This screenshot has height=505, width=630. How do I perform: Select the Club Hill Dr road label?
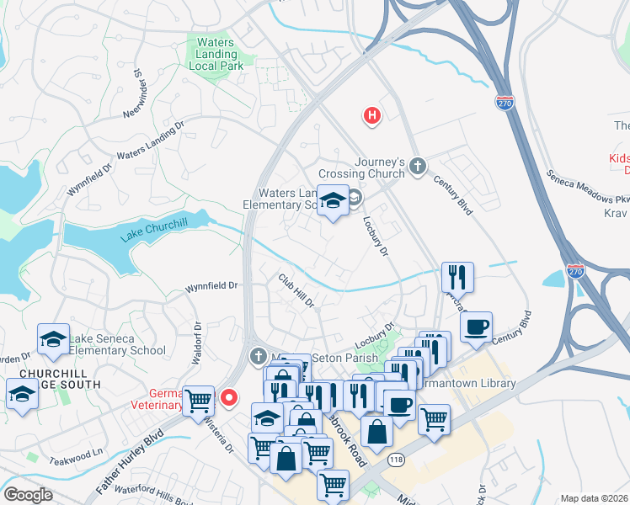pyautogui.click(x=296, y=290)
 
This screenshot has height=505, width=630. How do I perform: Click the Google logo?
pyautogui.click(x=28, y=495)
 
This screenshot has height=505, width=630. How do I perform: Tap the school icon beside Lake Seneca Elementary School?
pyautogui.click(x=53, y=339)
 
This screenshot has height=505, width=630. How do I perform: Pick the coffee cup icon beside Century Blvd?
pyautogui.click(x=477, y=327)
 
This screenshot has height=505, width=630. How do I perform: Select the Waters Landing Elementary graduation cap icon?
pyautogui.click(x=334, y=201)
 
